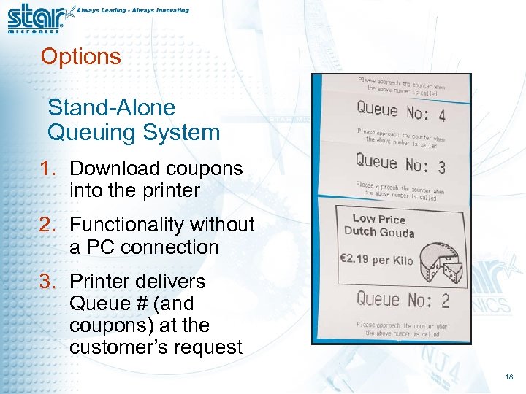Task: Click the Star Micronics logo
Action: tap(35, 18)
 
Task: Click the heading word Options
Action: tap(81, 57)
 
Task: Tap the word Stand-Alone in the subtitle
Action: tap(112, 108)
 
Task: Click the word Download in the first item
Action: tap(115, 169)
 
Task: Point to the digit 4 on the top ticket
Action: tap(441, 115)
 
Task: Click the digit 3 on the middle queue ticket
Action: tap(441, 166)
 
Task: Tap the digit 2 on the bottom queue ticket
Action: tap(445, 301)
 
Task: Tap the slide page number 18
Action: tap(509, 377)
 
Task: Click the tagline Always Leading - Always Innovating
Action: tap(133, 11)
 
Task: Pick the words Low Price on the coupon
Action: tap(378, 219)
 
